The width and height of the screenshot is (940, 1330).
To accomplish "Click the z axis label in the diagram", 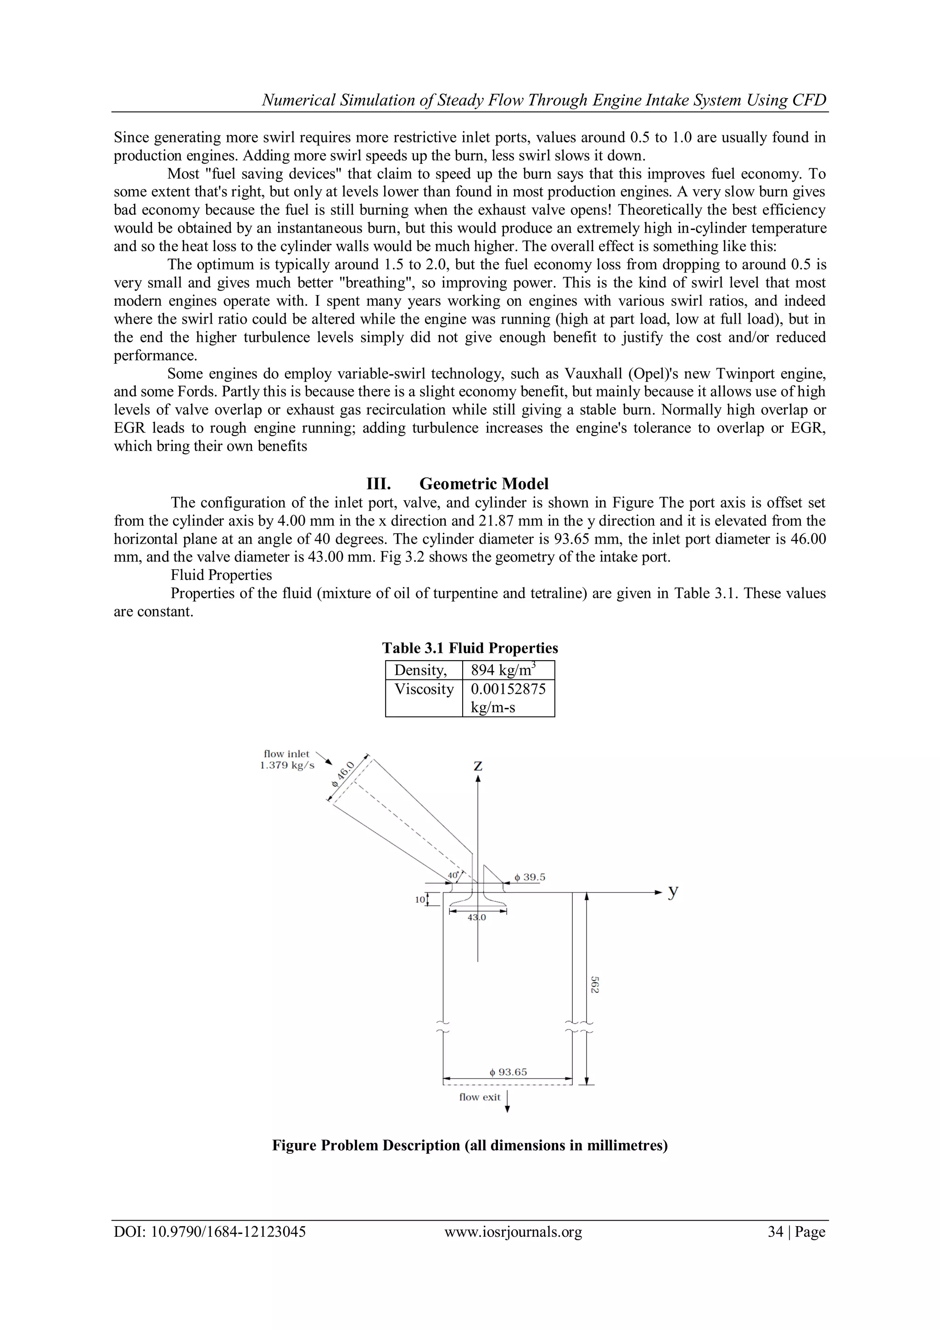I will click(x=478, y=766).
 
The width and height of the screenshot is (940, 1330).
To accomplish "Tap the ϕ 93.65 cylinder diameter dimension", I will click(x=508, y=1072).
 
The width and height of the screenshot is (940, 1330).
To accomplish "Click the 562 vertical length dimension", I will click(x=594, y=985).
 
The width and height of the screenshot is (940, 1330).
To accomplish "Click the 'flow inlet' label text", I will click(x=287, y=754).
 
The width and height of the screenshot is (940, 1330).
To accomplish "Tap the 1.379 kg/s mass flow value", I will click(x=287, y=765).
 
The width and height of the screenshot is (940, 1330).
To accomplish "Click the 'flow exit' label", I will click(x=480, y=1097).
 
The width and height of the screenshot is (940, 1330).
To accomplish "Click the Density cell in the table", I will click(x=421, y=670).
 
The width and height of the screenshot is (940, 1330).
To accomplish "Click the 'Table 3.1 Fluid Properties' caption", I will click(x=470, y=648).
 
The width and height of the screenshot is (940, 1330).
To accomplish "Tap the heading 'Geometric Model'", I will click(x=484, y=484).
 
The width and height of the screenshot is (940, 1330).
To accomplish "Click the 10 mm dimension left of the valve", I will click(x=420, y=900).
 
